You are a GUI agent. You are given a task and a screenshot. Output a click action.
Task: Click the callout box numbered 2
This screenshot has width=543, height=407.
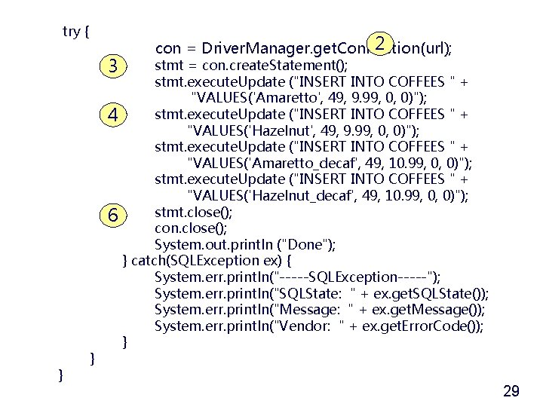click(383, 43)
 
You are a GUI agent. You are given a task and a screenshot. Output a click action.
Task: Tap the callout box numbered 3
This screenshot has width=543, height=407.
click(112, 66)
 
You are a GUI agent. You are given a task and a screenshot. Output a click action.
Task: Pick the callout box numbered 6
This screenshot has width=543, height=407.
click(112, 215)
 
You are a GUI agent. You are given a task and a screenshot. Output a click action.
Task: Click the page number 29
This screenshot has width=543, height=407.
click(511, 390)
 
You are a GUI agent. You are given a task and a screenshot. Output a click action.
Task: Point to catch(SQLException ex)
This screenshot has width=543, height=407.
click(195, 261)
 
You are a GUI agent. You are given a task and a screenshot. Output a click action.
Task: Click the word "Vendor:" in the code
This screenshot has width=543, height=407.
click(306, 326)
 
